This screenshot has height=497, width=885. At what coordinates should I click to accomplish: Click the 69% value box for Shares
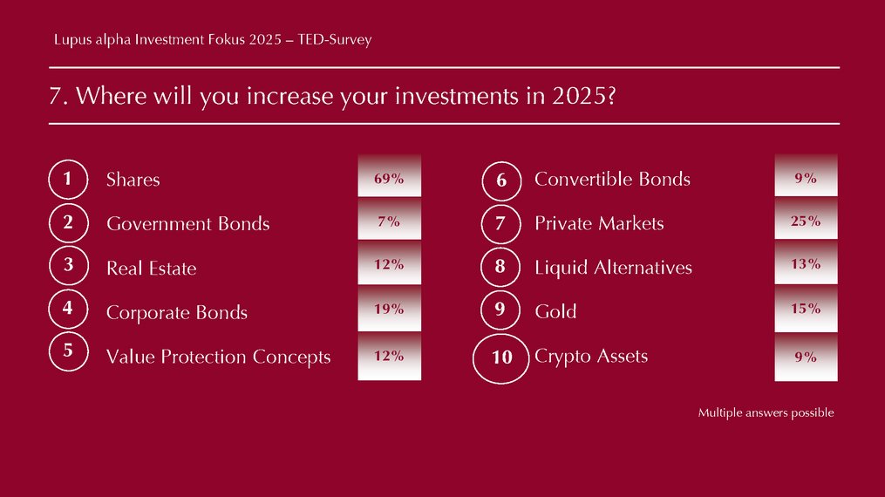tap(389, 175)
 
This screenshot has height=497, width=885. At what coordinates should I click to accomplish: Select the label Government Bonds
tap(188, 224)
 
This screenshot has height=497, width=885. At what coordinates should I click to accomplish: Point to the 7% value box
tap(389, 219)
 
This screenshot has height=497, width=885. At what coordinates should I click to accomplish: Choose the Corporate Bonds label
tap(177, 312)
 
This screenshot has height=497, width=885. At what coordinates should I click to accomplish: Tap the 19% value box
tap(389, 308)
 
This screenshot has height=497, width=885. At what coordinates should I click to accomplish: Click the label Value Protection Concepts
tap(219, 357)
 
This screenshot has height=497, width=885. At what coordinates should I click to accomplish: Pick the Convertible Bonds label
tap(612, 180)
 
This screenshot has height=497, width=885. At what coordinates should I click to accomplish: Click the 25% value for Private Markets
tap(806, 219)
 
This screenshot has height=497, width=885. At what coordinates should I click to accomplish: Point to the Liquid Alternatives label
tap(613, 268)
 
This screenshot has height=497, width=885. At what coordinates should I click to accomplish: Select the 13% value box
tap(806, 262)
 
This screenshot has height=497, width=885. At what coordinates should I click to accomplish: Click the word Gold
tap(555, 311)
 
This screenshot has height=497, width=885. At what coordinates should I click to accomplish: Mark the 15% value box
tap(806, 308)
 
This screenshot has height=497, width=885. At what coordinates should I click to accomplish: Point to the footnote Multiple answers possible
tap(766, 413)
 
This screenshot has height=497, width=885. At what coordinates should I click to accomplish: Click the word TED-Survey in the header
tap(335, 39)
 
